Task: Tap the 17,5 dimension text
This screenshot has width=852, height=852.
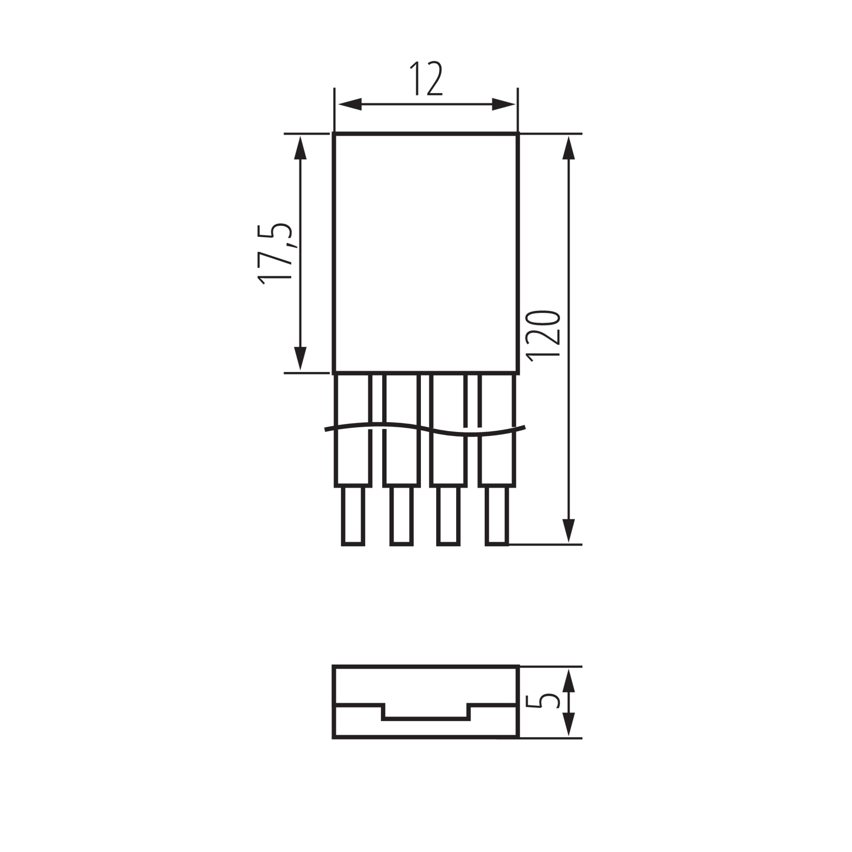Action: [275, 253]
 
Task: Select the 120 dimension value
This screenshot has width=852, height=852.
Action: [544, 336]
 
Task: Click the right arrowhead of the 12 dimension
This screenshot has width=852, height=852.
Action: [504, 104]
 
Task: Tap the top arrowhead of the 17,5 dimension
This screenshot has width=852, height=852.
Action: [300, 148]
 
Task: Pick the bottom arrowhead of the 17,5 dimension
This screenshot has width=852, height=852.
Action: [300, 358]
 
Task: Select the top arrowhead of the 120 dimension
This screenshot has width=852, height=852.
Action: [569, 148]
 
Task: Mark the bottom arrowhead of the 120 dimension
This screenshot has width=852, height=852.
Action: [569, 530]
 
